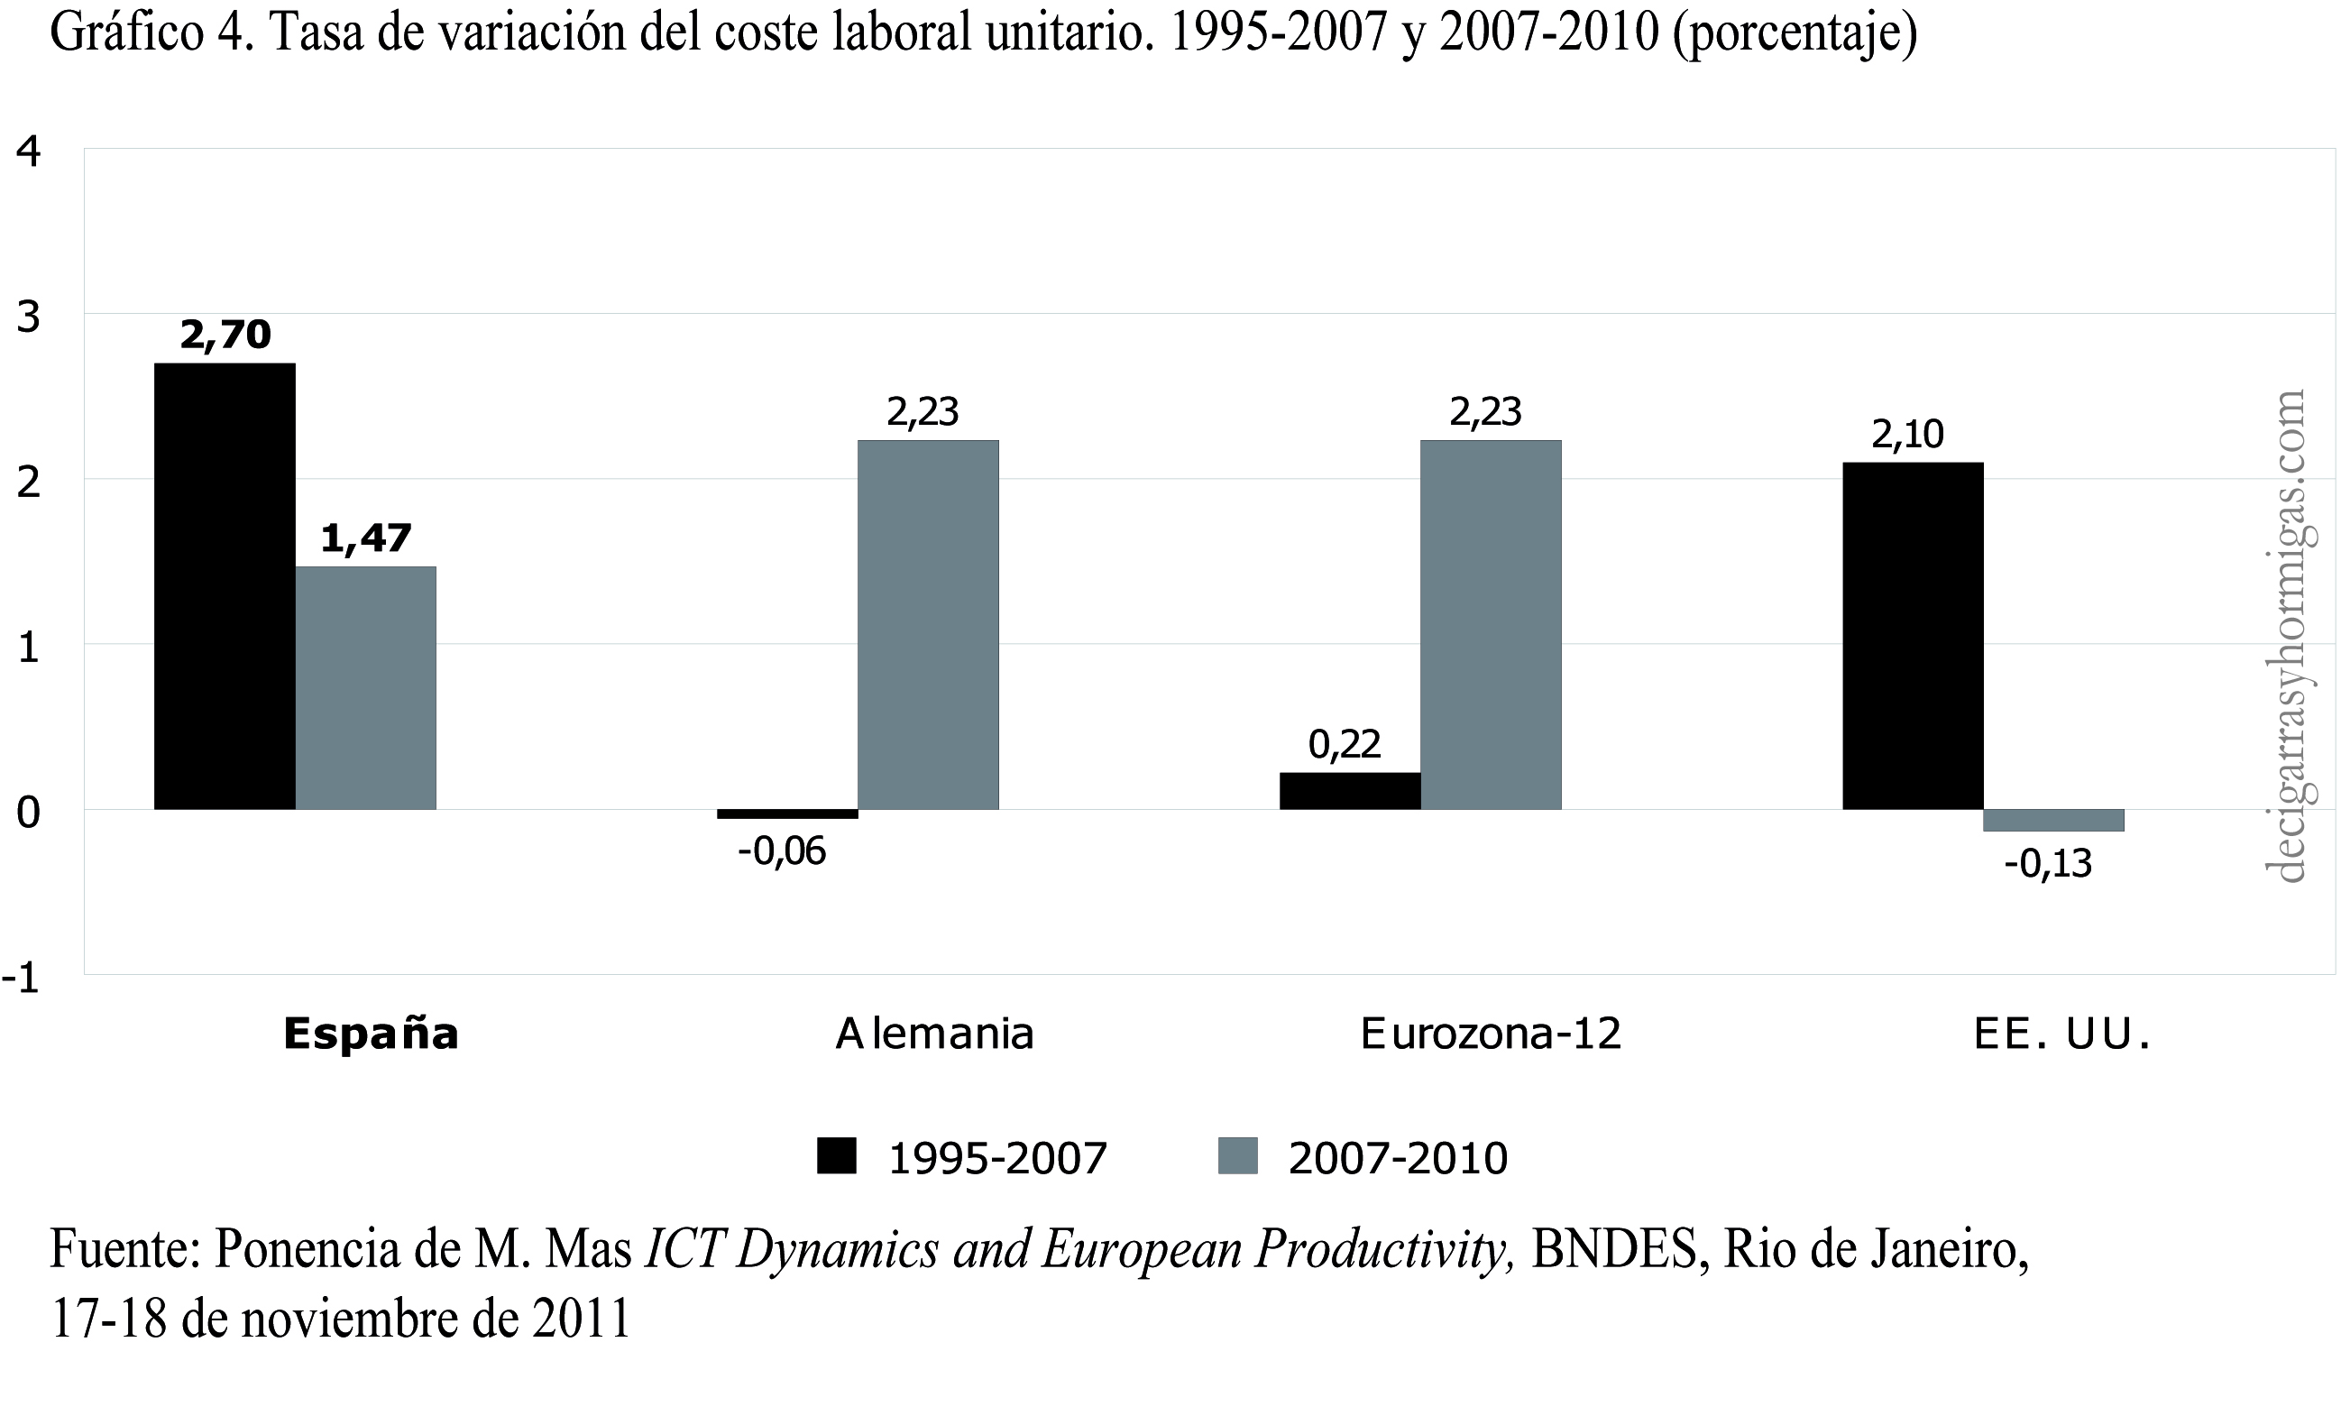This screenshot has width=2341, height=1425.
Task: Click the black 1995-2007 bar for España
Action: [225, 586]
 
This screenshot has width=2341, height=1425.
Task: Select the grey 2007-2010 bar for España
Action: [366, 688]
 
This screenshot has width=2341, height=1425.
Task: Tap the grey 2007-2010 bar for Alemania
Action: [928, 624]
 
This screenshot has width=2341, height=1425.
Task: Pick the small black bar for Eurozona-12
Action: [1349, 790]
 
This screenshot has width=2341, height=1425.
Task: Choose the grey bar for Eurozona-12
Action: [1491, 624]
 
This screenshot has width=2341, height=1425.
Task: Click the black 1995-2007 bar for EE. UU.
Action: [1913, 636]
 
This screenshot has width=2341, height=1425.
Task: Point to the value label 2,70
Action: [225, 335]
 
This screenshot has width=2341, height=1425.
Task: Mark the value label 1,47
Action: [366, 538]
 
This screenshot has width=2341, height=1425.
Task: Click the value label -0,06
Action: [782, 851]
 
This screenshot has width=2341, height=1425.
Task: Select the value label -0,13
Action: [2047, 863]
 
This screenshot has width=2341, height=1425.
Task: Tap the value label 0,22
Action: [1345, 744]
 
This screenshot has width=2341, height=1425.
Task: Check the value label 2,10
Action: [1908, 434]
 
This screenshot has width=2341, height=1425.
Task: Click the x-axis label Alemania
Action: [934, 1034]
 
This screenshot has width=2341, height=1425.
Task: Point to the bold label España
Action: [371, 1034]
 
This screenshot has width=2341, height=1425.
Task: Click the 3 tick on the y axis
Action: [29, 317]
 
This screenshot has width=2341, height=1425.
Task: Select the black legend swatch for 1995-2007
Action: [836, 1157]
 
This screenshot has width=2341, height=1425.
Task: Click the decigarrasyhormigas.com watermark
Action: [2289, 637]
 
